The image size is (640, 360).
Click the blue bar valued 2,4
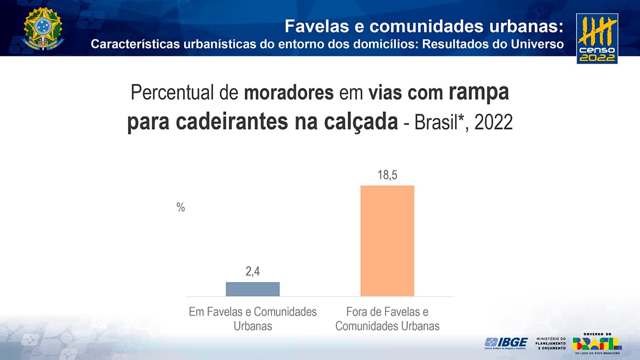tap(253, 289)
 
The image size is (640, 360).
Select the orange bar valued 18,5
tap(387, 241)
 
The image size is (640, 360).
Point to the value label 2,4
tap(253, 272)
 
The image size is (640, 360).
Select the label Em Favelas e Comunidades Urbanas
tap(253, 318)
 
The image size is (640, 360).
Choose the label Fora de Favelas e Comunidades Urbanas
tap(387, 318)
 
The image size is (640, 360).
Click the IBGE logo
tap(506, 342)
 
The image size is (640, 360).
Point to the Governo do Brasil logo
tap(597, 343)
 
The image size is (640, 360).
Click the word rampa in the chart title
tap(479, 93)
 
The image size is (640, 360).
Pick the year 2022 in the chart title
tap(493, 123)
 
